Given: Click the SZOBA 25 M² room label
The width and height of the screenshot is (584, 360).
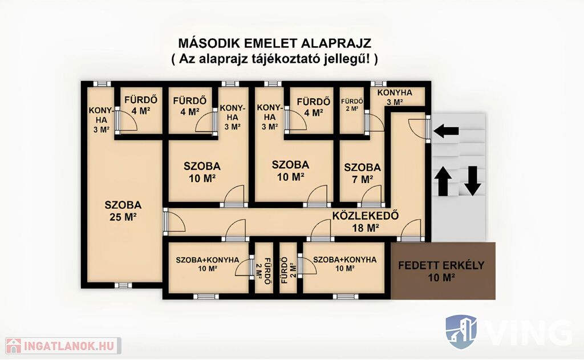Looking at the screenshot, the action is click(x=123, y=211).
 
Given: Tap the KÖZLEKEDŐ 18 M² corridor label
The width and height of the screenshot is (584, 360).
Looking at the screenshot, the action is click(x=366, y=221).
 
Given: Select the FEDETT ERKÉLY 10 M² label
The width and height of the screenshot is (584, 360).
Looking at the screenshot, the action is click(x=441, y=271).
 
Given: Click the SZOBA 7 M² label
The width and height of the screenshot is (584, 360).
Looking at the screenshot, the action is click(x=362, y=173).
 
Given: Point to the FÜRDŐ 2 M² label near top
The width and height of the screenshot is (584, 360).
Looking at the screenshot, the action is click(x=352, y=104).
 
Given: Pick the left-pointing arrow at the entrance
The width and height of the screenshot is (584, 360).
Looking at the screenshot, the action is click(x=446, y=131).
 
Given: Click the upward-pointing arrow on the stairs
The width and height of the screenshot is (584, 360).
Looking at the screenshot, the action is click(x=443, y=181).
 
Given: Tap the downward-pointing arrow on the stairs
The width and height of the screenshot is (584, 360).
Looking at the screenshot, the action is click(x=472, y=181).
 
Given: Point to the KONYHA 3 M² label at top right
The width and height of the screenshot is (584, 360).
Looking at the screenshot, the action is click(x=395, y=97).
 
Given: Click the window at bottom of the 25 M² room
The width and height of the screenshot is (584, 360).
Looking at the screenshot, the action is click(x=123, y=285).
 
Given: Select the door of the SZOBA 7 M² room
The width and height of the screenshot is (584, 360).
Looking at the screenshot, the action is click(x=371, y=196).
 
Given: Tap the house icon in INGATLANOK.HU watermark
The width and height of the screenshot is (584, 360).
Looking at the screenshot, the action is click(x=14, y=346).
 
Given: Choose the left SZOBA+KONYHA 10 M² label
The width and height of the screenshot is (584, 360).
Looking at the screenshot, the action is click(x=208, y=264).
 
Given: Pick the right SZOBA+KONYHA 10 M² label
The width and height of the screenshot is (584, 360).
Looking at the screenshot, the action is click(x=344, y=264).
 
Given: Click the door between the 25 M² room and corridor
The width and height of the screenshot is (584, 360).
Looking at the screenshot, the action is click(x=174, y=221).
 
